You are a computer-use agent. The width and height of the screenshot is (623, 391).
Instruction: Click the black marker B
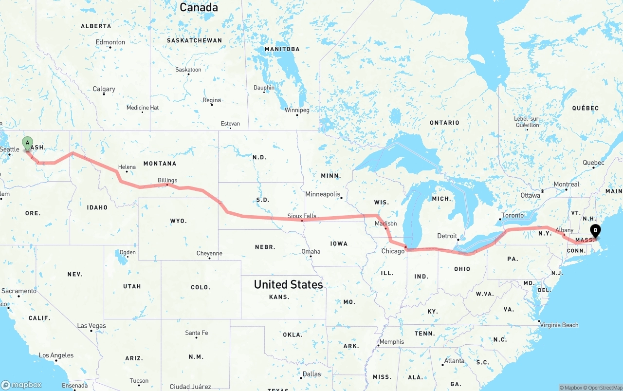pyautogui.click(x=595, y=231)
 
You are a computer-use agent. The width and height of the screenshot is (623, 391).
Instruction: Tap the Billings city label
pyautogui.click(x=167, y=180)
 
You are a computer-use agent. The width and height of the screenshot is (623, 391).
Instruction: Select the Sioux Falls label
pyautogui.click(x=302, y=216)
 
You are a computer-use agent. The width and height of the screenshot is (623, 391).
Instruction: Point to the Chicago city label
pyautogui.click(x=393, y=251)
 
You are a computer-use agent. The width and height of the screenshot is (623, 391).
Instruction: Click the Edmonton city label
pyautogui.click(x=110, y=42)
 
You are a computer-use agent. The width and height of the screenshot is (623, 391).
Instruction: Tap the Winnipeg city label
pyautogui.click(x=297, y=110)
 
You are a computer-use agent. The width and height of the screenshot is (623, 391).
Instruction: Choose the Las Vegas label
pyautogui.click(x=92, y=326)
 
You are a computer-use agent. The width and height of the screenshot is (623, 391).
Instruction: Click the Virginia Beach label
pyautogui.click(x=560, y=325)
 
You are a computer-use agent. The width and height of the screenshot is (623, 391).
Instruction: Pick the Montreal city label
pyautogui.click(x=567, y=185)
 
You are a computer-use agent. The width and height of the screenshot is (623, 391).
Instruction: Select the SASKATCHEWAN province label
pyautogui.click(x=194, y=40)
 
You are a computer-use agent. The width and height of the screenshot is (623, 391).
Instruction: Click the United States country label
pyautogui.click(x=288, y=284)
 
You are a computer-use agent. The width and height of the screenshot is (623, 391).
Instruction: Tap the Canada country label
pyautogui.click(x=199, y=7)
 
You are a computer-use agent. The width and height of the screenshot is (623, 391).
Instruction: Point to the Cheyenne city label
pyautogui.click(x=209, y=253)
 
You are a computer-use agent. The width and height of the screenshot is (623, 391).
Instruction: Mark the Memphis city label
pyautogui.click(x=392, y=341)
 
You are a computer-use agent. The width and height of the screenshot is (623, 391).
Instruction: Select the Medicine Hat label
pyautogui.click(x=143, y=108)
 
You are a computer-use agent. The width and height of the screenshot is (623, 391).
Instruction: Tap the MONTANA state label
pyautogui.click(x=160, y=164)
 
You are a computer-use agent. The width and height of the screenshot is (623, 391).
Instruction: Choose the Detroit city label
pyautogui.click(x=447, y=236)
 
